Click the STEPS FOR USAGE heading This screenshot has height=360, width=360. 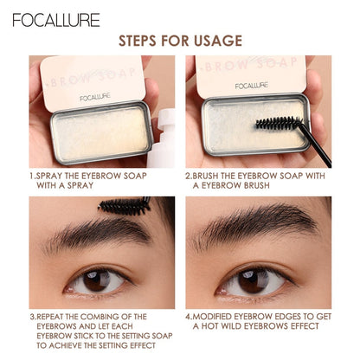[179, 41]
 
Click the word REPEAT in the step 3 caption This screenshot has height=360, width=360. [57, 316]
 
